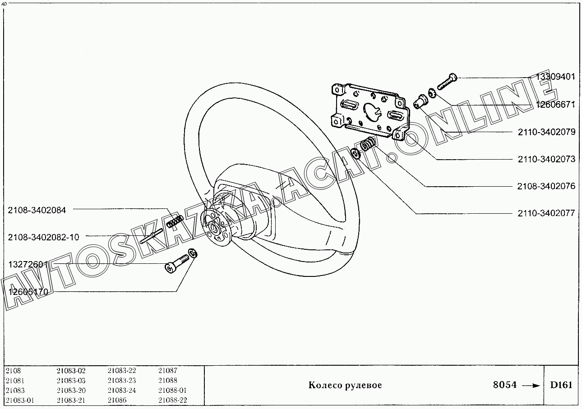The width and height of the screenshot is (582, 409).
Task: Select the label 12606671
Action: coord(555,104)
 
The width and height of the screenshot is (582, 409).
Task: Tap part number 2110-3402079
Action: coord(546,132)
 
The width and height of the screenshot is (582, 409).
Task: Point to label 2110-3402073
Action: coord(546,159)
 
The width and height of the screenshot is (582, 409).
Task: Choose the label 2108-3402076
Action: coord(546,186)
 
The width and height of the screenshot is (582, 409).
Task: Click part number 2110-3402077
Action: coord(546,213)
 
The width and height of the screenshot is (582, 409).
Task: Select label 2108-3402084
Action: coord(37,210)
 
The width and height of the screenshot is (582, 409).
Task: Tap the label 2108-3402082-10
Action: coord(43,237)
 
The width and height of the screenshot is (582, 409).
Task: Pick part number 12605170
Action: coord(28,292)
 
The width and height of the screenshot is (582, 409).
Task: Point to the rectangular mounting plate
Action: coord(370,110)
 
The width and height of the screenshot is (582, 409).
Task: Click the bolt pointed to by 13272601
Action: coord(177,263)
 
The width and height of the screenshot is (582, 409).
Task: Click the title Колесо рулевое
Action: coord(345,385)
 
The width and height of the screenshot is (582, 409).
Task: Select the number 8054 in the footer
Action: coord(504,385)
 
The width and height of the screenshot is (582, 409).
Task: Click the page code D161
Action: coord(561,385)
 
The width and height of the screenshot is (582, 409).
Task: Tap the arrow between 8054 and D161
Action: coord(531,386)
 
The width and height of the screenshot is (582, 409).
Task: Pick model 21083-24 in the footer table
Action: coord(121,391)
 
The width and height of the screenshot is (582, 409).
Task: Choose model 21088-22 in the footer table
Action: coord(172,400)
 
